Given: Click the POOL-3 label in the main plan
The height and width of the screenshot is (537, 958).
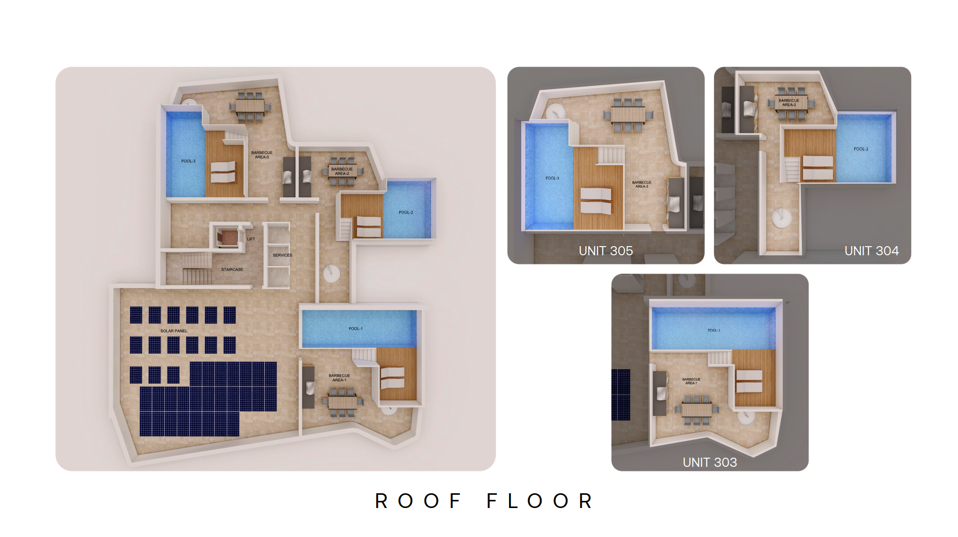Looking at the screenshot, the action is click(x=188, y=161).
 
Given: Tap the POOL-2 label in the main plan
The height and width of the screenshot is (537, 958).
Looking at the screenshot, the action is click(x=406, y=213).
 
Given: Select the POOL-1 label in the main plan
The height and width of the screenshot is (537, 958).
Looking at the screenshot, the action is click(x=355, y=329).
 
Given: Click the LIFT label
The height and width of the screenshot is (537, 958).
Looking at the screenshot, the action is click(x=251, y=239).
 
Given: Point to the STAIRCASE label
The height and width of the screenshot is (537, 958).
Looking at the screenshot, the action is click(x=232, y=270).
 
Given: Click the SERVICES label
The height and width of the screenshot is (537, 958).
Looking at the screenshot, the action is click(x=282, y=255).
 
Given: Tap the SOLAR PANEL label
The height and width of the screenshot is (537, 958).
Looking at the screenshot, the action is click(x=174, y=331).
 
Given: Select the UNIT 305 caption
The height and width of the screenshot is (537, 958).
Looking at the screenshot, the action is click(x=606, y=251).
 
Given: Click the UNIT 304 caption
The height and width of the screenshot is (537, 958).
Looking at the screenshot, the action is click(x=872, y=251).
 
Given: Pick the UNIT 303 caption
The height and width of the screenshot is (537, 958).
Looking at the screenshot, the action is click(x=710, y=462).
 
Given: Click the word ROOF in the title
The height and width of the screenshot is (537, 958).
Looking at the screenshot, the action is click(x=418, y=501).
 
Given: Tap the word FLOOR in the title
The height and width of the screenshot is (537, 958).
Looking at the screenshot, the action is click(x=540, y=501).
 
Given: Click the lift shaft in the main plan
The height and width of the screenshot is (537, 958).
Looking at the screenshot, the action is click(x=227, y=236).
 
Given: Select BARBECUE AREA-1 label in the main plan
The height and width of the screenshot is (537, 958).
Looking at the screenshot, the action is click(x=339, y=378).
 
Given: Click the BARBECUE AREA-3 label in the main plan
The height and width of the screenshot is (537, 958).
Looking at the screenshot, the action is click(x=262, y=155).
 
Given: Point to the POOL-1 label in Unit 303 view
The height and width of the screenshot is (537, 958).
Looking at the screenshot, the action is click(x=714, y=331).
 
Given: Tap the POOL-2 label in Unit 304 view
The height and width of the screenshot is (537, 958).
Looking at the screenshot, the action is click(x=861, y=149).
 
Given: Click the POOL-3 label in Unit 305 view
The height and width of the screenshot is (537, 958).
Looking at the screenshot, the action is click(x=552, y=178).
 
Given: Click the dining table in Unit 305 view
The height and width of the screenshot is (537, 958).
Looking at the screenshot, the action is click(x=628, y=114).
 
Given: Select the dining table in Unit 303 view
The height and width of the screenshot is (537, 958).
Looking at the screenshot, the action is click(x=696, y=409).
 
